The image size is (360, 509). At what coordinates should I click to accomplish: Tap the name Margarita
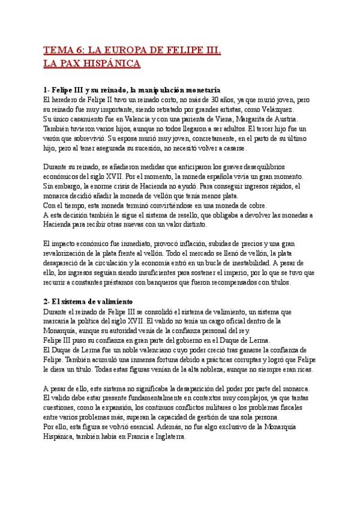point(242,119)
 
